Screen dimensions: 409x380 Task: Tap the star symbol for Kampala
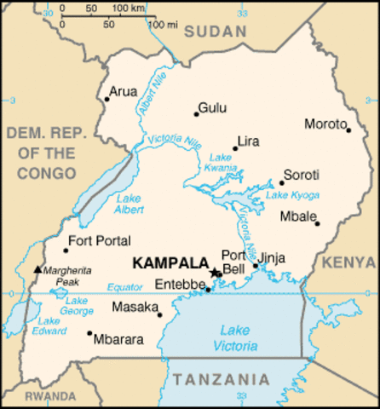click(x=214, y=273)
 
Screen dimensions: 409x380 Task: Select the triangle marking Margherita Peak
click(x=37, y=269)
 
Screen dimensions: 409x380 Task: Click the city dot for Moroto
click(x=348, y=130)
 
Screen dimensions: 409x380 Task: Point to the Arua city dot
click(x=107, y=99)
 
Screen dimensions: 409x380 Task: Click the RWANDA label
click(x=49, y=396)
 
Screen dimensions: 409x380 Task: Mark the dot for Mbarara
click(x=89, y=333)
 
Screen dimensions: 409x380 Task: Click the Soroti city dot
click(x=281, y=182)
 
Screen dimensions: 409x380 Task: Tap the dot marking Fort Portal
click(x=66, y=250)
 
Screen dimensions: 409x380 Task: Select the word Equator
click(x=126, y=287)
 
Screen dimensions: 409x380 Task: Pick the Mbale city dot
click(x=317, y=223)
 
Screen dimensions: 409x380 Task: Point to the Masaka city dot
click(x=160, y=314)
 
